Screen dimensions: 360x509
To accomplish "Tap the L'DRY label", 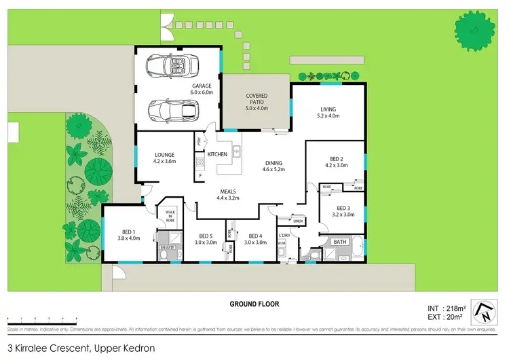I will [x=285, y=236].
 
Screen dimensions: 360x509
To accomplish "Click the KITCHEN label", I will [x=217, y=154].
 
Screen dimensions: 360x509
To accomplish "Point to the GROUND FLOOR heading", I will [x=254, y=304].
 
